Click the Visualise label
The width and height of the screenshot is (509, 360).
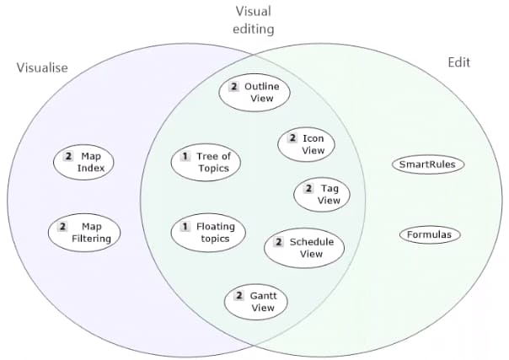tap(42, 67)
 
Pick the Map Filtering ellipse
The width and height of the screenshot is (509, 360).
tap(84, 233)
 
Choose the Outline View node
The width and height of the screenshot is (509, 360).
tap(254, 93)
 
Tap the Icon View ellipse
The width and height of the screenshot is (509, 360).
tap(307, 144)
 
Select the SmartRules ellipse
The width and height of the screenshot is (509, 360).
tap(428, 164)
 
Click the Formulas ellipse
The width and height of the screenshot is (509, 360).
tap(430, 234)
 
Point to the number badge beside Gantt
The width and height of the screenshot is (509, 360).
tap(239, 296)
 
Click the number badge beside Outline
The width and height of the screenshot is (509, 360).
tap(233, 87)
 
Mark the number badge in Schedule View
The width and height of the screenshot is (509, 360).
tap(279, 243)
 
